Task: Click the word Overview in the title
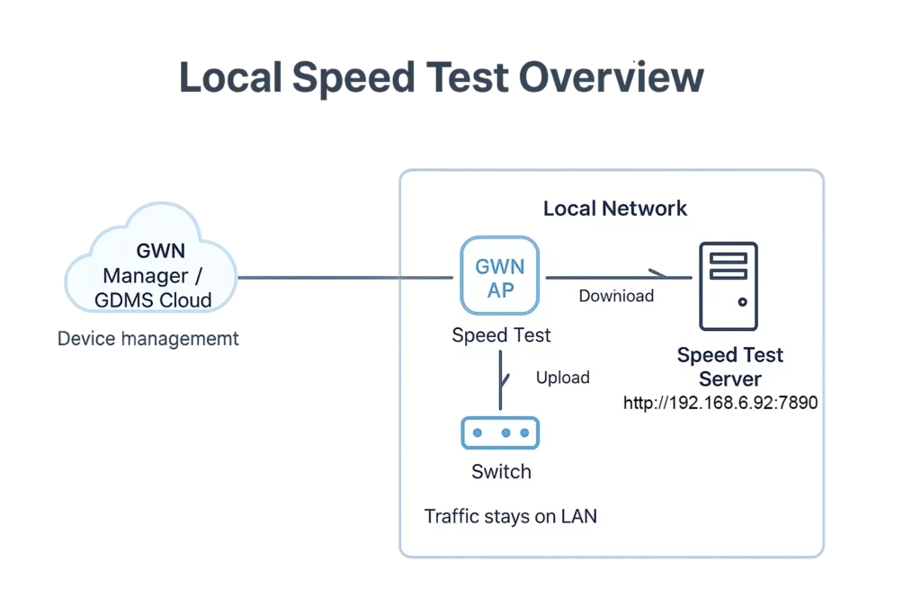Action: pos(612,77)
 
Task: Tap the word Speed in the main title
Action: pos(353,78)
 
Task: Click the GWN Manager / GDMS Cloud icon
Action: pos(151,258)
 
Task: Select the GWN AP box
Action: pos(500,275)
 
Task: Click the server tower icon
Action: pos(729,286)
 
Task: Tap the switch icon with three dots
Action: pos(500,432)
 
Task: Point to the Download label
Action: pos(616,296)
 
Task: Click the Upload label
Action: pos(563,378)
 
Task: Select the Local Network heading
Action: pos(615,209)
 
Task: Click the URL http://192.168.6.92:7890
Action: pos(720,403)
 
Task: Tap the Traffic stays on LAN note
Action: pos(511,517)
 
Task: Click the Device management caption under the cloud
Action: pos(148,339)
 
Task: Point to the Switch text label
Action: pos(501,471)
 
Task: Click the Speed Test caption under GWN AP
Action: pos(501,335)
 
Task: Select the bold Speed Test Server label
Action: pos(730,367)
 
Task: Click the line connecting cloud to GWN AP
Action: pos(345,278)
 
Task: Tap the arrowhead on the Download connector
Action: pos(658,273)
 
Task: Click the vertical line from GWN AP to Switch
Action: pos(500,379)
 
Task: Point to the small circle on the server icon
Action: pos(742,302)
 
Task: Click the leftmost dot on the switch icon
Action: pos(478,432)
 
